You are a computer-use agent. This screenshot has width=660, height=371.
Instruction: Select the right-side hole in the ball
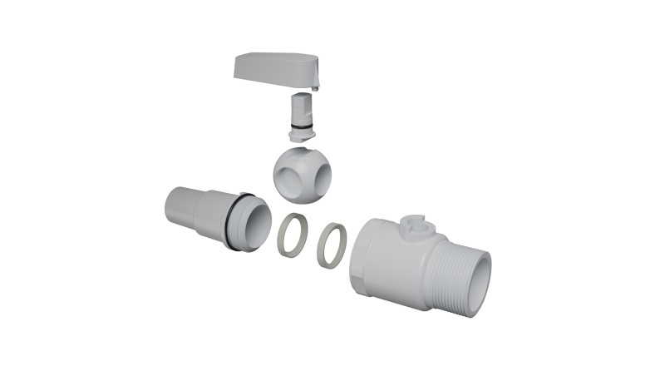click(320, 175)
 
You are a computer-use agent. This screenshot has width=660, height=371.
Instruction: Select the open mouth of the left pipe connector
click(259, 224)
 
